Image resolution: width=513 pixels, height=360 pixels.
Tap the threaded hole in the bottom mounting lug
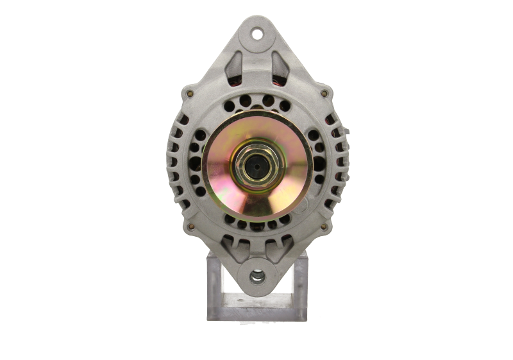pyautogui.click(x=256, y=277)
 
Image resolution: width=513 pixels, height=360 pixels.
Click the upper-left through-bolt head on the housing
pyautogui.click(x=188, y=94)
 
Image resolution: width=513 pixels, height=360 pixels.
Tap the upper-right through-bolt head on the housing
pyautogui.click(x=325, y=94)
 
